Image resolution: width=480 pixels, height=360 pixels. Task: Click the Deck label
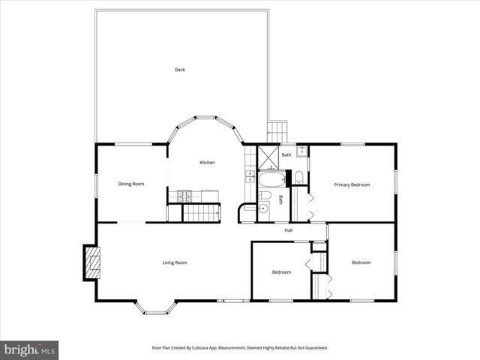coord(180,70)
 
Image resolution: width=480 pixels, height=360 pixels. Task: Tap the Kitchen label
coord(207,163)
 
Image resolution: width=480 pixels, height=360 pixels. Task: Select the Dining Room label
coord(131,184)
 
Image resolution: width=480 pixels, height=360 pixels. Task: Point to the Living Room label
coord(175,262)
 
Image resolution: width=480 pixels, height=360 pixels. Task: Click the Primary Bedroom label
coord(352,184)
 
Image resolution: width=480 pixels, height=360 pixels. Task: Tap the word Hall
coord(288,230)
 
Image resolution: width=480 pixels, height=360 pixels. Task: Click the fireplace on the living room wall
coord(91,262)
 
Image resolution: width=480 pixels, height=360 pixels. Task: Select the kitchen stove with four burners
coord(185,197)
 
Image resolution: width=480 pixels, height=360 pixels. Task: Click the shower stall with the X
coord(268,156)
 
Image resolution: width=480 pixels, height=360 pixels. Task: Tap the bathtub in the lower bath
coord(271,179)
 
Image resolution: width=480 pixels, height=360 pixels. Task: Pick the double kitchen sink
coord(249,177)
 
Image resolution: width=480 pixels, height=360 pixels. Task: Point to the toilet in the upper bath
coord(298,178)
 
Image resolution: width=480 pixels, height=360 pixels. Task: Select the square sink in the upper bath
coord(301,151)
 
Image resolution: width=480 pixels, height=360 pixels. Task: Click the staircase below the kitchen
coord(201,214)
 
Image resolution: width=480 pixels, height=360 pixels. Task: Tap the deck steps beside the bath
coord(278,130)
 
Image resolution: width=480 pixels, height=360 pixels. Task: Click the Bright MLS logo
coord(29,349)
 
